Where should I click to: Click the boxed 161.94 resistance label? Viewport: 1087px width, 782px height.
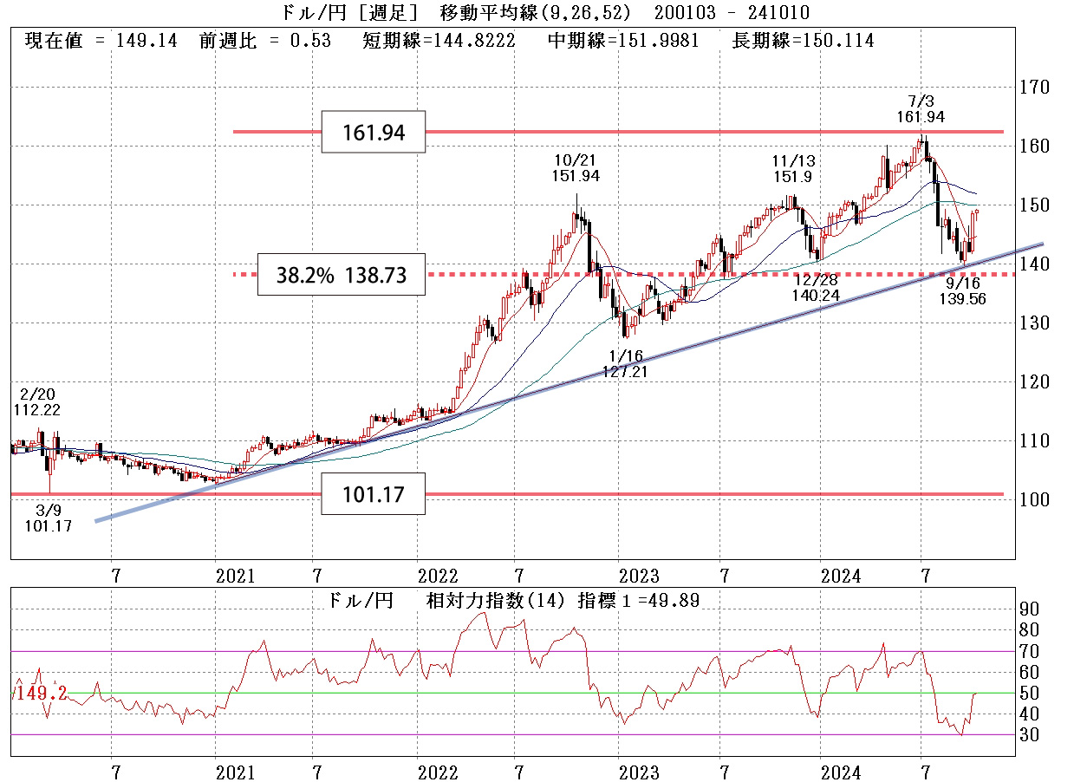[373, 133]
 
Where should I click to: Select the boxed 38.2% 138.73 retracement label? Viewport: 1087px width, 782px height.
[341, 276]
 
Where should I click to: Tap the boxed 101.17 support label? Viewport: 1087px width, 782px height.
[373, 496]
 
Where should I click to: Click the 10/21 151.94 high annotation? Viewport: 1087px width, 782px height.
[576, 167]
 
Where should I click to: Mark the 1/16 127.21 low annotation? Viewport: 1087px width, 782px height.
[626, 362]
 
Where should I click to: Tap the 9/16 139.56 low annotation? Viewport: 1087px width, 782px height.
[963, 290]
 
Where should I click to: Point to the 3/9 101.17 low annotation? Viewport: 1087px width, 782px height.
[49, 518]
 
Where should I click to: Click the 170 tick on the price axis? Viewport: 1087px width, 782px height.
[1034, 88]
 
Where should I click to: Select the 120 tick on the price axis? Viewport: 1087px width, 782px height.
[1034, 382]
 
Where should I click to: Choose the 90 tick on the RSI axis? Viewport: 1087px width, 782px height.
[1028, 609]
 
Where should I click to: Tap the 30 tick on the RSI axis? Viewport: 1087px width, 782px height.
[1028, 734]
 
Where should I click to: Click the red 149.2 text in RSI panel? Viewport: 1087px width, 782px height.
[41, 694]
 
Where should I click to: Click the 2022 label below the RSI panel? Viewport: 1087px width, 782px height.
[437, 772]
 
